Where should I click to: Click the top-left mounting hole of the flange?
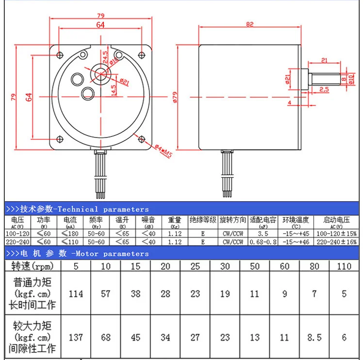click(x=60, y=54)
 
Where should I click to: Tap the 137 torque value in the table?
click(x=76, y=337)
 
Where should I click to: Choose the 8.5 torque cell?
click(x=314, y=337)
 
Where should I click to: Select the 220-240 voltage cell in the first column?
click(x=17, y=241)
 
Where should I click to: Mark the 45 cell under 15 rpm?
click(x=135, y=337)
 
